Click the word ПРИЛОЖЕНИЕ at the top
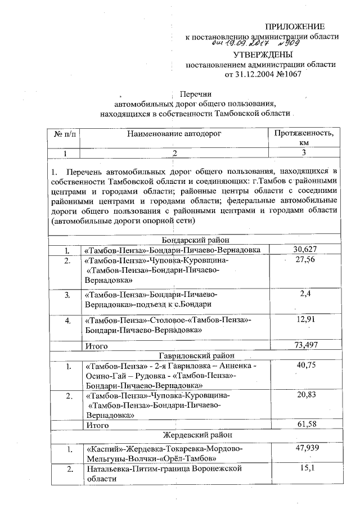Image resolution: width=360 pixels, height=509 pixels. (295, 26)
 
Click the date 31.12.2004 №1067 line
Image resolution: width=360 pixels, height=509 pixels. (261, 74)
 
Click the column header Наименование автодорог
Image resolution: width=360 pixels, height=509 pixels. (174, 134)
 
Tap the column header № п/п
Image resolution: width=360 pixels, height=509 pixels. (66, 134)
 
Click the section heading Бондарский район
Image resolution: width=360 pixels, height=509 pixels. (195, 239)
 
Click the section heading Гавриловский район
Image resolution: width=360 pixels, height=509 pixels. (195, 355)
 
